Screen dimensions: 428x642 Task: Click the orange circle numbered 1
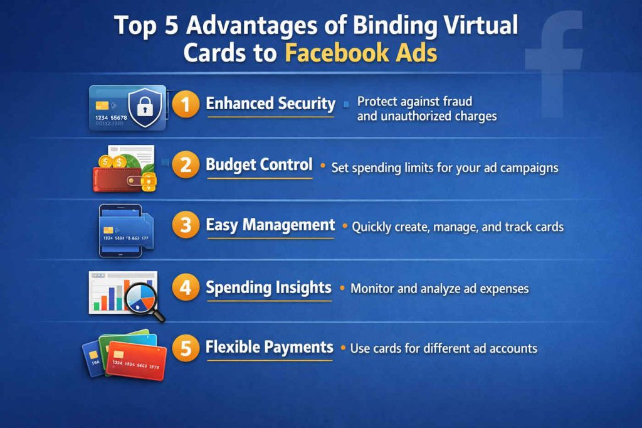click(186, 105)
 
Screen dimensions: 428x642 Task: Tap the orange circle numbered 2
click(186, 166)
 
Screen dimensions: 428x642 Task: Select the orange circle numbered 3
click(186, 226)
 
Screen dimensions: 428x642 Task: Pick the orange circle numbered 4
click(186, 289)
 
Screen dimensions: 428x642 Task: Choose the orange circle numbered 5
click(186, 348)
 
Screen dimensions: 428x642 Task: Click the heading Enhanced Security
click(270, 104)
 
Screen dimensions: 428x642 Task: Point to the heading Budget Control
click(259, 165)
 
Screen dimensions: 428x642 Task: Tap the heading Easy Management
click(270, 225)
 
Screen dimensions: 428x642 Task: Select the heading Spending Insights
click(268, 287)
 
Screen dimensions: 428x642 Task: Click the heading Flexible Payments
click(269, 347)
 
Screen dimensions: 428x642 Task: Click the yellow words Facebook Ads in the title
click(360, 53)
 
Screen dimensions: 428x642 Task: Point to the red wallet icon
click(117, 177)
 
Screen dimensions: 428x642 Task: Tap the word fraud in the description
click(458, 101)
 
